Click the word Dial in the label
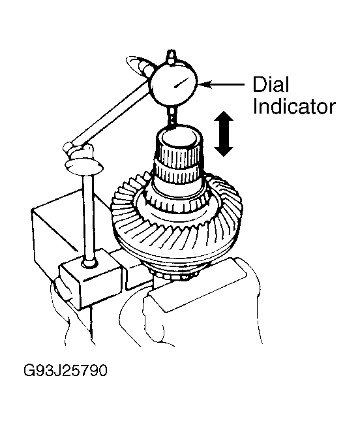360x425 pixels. click(271, 85)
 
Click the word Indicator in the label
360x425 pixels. click(294, 106)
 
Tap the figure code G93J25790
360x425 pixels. click(65, 370)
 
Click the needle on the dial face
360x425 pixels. click(181, 83)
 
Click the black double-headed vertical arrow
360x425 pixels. click(223, 134)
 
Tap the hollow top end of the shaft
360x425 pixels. click(179, 138)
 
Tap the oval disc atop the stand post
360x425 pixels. click(84, 167)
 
